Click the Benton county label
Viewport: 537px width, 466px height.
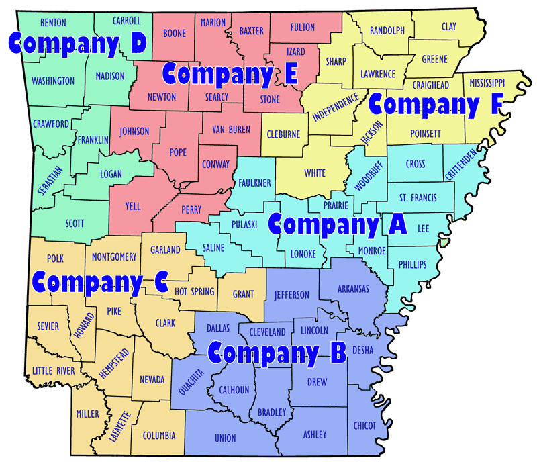click(x=52, y=22)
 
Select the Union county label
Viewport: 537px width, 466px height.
click(x=226, y=438)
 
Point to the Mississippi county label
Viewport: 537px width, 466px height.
click(x=487, y=83)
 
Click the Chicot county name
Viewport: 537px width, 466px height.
click(x=365, y=425)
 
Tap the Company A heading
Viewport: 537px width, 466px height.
click(x=337, y=224)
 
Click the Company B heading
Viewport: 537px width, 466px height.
click(x=277, y=351)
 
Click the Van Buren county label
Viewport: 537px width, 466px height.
click(x=230, y=129)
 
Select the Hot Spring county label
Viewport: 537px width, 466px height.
click(x=194, y=291)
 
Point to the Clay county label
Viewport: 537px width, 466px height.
click(x=448, y=27)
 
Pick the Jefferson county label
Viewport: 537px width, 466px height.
click(x=291, y=295)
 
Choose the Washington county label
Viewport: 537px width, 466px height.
click(x=53, y=81)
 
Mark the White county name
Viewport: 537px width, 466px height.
click(x=315, y=173)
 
